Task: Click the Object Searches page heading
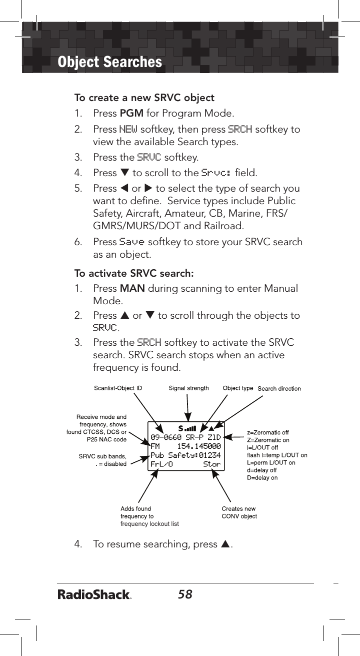pos(110,62)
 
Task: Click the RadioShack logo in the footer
pos(94,595)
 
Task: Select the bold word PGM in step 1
pos(131,114)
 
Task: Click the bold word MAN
pos(131,289)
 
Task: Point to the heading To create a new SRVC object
pos(144,97)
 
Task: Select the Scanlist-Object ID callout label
pos(118,388)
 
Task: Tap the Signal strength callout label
pos(188,388)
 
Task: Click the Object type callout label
pos(237,388)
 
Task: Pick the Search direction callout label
pos(279,388)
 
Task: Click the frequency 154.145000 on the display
pos(199,446)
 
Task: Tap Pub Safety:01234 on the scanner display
pos(185,455)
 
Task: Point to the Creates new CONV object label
pos(239,512)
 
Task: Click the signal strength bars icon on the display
pos(190,428)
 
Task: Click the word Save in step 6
pos(132,242)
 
